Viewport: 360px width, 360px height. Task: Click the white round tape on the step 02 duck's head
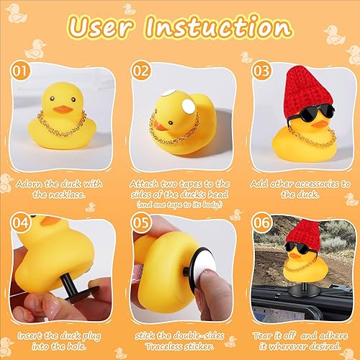point(189,108)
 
